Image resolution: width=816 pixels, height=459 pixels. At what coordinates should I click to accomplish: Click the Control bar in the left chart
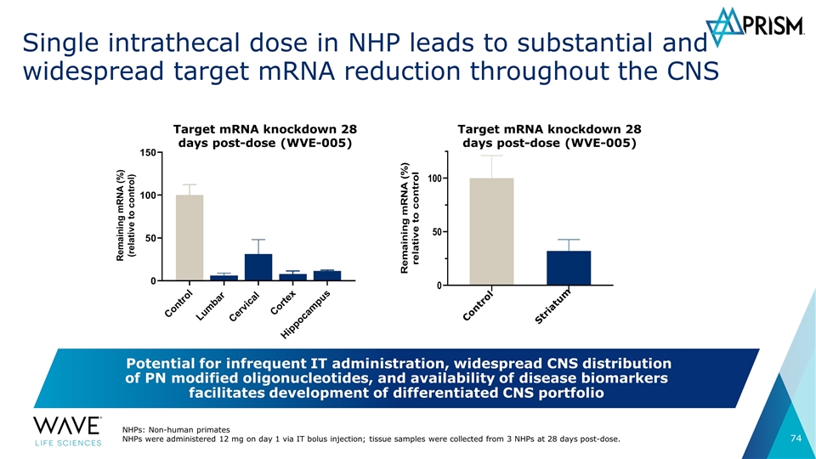(190, 237)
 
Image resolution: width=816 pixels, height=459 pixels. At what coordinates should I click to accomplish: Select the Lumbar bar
(224, 278)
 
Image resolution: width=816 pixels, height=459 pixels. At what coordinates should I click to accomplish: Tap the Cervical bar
(258, 267)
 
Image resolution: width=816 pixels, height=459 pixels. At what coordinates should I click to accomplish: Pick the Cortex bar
(292, 277)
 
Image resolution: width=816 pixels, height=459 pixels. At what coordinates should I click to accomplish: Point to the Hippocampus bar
(326, 275)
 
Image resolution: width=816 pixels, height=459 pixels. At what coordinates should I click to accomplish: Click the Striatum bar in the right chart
(569, 268)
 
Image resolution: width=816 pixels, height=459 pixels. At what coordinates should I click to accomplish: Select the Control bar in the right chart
(492, 231)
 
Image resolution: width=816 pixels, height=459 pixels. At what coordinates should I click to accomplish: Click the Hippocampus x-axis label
(305, 314)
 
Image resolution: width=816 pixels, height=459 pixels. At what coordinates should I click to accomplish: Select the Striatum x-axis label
(552, 306)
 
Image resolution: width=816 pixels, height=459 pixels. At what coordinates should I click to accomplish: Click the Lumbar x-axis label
(210, 306)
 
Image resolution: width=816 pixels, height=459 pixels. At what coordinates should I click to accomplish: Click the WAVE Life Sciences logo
(68, 432)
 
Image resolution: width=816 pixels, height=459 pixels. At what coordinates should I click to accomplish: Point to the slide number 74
(796, 439)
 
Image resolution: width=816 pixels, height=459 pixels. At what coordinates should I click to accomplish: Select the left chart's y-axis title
(126, 215)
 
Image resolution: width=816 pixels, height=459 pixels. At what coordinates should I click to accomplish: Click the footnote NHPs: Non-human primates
(176, 430)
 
